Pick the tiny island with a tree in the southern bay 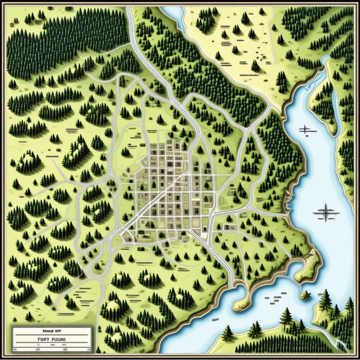(307, 295)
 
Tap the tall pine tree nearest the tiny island (326, 299)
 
